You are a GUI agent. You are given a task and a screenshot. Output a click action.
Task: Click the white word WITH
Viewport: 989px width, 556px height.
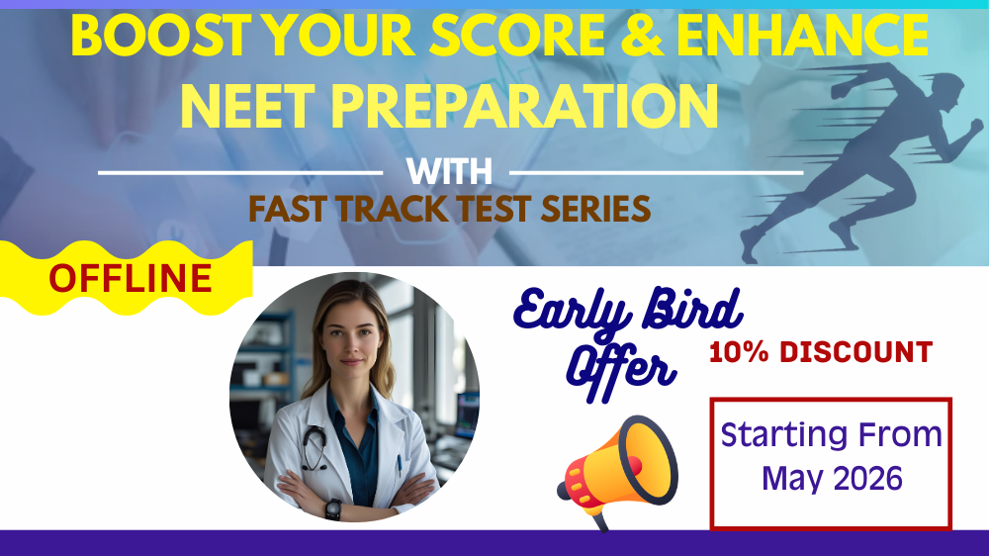tap(449, 171)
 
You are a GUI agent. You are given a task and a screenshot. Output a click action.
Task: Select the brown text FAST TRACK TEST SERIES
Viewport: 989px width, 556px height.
tap(449, 208)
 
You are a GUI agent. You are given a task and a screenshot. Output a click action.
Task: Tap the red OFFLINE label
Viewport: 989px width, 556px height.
tap(131, 279)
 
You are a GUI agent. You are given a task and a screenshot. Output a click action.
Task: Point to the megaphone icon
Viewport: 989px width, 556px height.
tap(618, 470)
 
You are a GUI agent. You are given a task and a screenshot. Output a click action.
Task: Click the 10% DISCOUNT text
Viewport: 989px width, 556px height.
tap(820, 352)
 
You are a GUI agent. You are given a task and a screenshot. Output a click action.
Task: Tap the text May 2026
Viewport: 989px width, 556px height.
tap(832, 479)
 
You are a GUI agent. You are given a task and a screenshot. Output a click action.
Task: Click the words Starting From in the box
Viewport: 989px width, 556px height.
tap(831, 434)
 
